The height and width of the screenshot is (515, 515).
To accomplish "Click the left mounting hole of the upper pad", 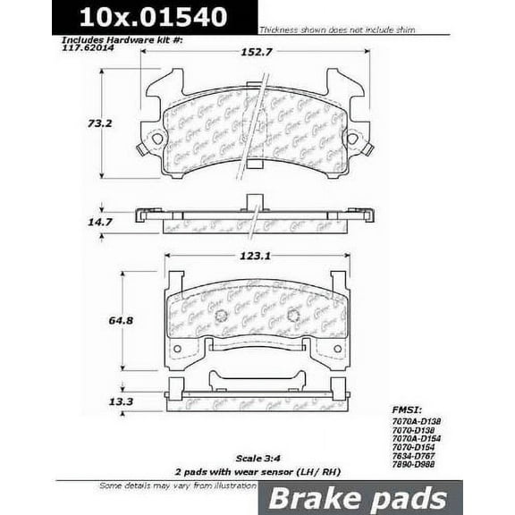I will click(157, 139).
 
